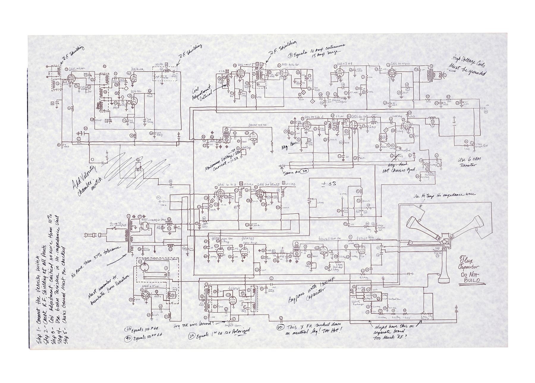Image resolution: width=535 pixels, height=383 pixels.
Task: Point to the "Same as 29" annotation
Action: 297,172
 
